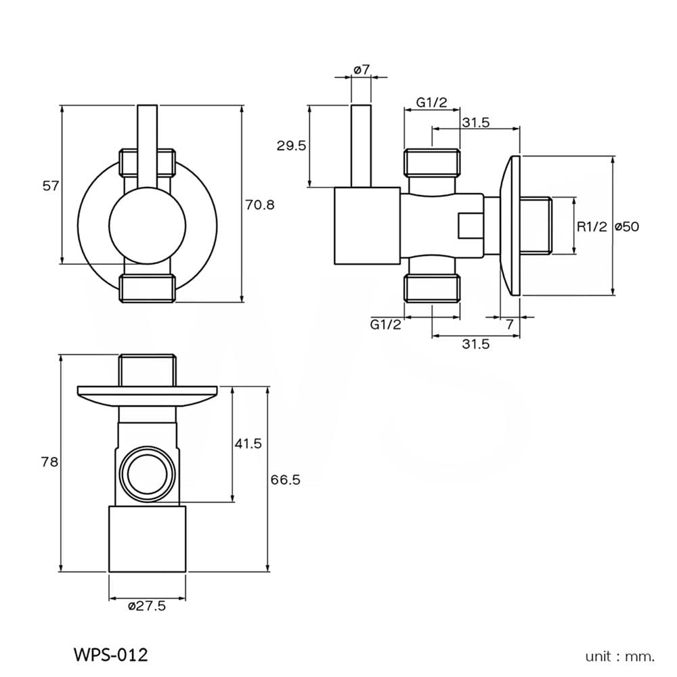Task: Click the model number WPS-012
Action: pos(111,655)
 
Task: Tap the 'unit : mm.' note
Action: pos(620,657)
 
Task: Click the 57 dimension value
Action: pos(51,186)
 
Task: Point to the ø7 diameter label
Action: pos(362,69)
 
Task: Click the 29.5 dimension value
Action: pos(291,146)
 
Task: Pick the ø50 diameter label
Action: pos(627,226)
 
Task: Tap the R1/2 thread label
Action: pos(592,226)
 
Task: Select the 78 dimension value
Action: pos(49,462)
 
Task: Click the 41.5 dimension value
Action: pos(248,443)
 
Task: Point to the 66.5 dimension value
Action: pos(286,479)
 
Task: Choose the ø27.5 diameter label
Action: pos(147,606)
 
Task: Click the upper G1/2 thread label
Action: pos(432,102)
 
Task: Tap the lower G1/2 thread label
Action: pos(386,324)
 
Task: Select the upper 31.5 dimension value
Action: pos(476,123)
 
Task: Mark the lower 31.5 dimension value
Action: pos(476,344)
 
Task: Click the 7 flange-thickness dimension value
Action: pos(510,324)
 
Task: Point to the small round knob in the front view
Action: pos(147,226)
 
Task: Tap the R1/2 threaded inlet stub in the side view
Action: pos(536,226)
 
